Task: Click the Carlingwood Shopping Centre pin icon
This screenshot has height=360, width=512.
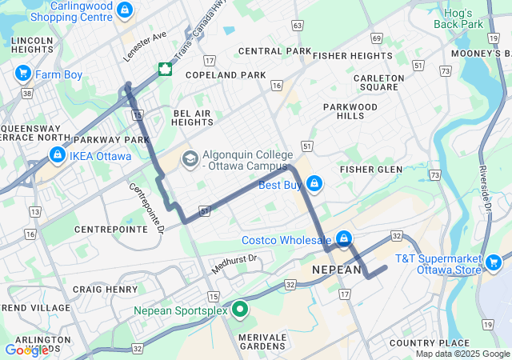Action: click(x=124, y=10)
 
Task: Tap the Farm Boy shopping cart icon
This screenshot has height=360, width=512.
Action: click(x=22, y=74)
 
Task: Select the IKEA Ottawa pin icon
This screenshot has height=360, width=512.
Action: click(x=57, y=154)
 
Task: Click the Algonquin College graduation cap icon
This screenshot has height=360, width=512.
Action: click(x=190, y=158)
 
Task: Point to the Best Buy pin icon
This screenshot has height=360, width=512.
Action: click(x=314, y=184)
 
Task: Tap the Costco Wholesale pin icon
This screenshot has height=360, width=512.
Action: click(x=343, y=238)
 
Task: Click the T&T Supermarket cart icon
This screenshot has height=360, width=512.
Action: click(x=493, y=262)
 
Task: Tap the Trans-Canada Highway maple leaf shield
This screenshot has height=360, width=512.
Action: click(x=165, y=69)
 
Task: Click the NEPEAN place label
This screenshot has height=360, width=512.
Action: click(x=336, y=270)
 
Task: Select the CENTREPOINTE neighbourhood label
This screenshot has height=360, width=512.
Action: click(x=110, y=229)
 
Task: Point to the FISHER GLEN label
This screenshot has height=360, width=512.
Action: click(x=370, y=170)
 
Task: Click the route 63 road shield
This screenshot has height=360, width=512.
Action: click(x=297, y=26)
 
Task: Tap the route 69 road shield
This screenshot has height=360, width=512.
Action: click(x=377, y=38)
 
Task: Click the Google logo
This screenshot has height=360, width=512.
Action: click(x=26, y=350)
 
